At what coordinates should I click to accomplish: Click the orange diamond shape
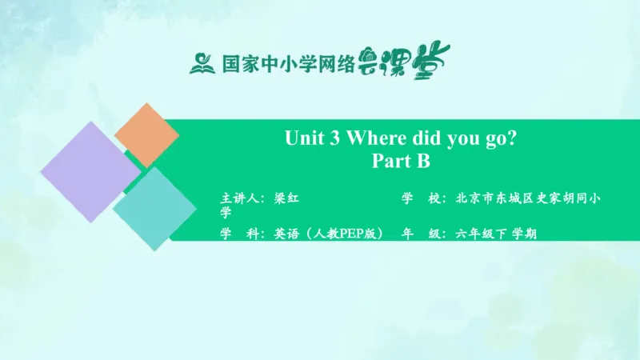(146, 134)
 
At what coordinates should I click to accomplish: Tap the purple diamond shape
(90, 172)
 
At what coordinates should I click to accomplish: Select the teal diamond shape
(154, 208)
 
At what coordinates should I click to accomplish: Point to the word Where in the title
(380, 138)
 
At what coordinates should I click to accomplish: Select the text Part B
(401, 162)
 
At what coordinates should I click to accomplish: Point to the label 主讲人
(239, 197)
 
